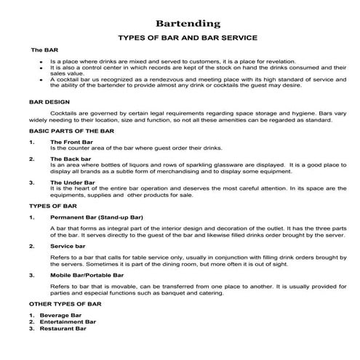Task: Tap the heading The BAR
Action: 44,51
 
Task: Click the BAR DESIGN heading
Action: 50,103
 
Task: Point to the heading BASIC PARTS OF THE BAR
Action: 71,131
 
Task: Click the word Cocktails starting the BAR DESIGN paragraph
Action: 66,113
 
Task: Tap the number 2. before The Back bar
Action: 32,159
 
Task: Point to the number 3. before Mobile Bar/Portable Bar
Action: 32,276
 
